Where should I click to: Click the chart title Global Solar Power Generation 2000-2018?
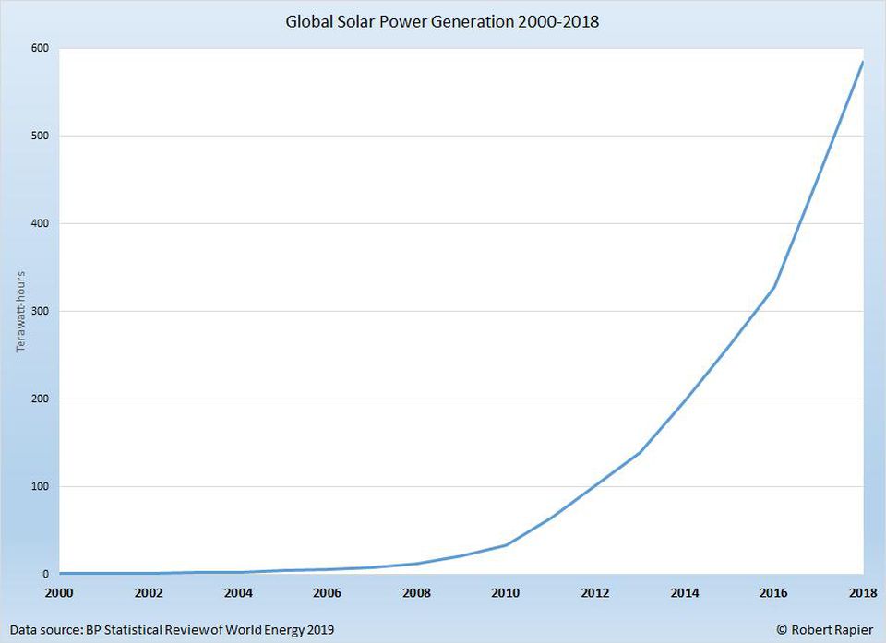(x=441, y=21)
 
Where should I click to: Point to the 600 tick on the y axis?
(x=41, y=49)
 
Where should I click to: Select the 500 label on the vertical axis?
(x=41, y=137)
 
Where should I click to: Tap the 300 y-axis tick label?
(x=41, y=312)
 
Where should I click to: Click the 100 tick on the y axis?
(x=41, y=487)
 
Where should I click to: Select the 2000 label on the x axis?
(x=59, y=593)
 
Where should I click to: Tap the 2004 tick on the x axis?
(x=238, y=593)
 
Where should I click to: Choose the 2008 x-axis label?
(x=416, y=593)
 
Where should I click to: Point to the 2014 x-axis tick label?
(x=684, y=593)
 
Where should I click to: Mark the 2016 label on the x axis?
(x=773, y=593)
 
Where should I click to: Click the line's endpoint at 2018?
(x=862, y=63)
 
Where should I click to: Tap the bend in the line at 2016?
(x=773, y=287)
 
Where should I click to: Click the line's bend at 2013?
(x=640, y=452)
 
